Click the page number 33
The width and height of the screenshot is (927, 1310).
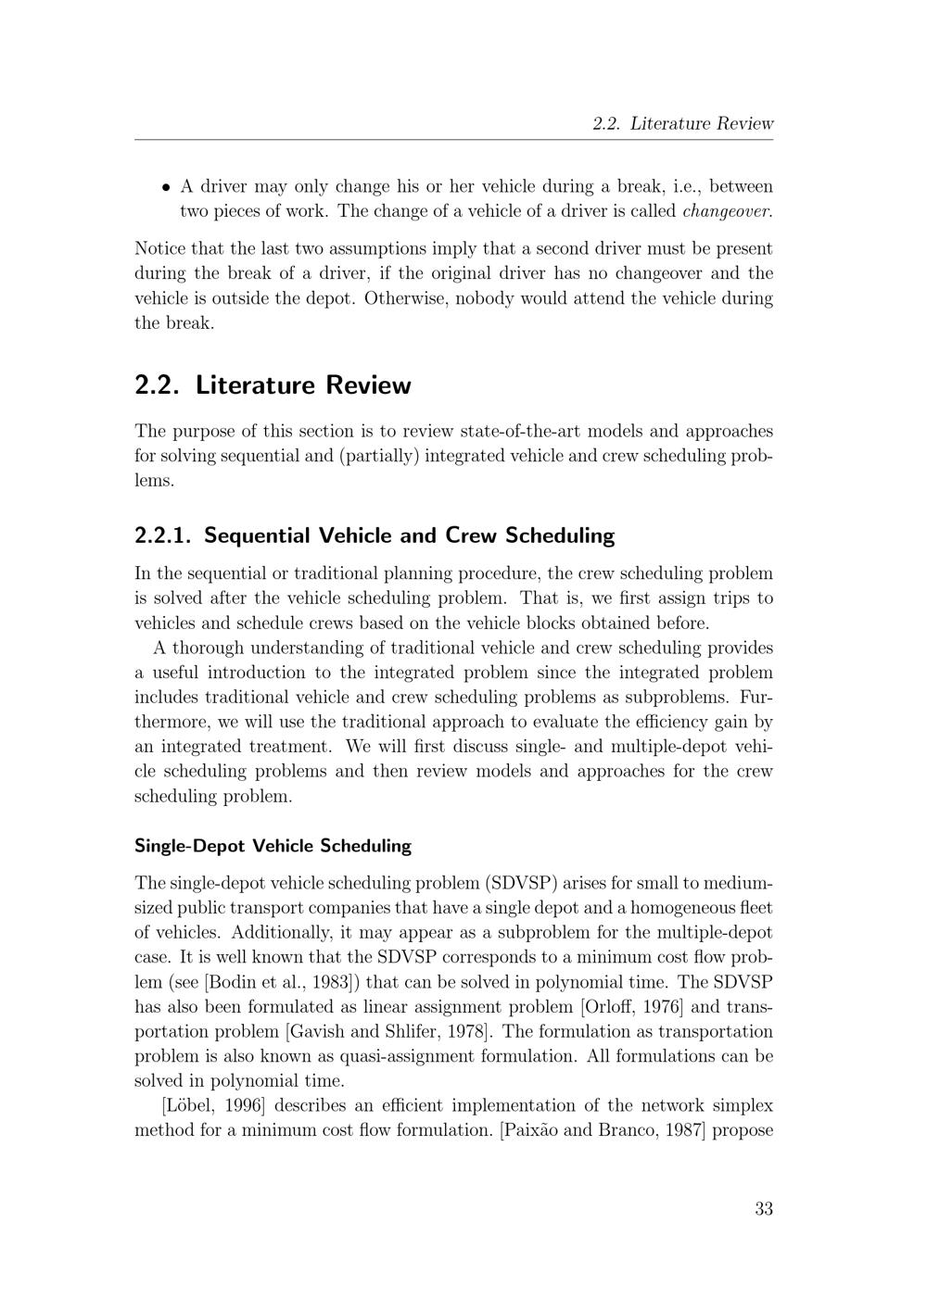[x=763, y=1208]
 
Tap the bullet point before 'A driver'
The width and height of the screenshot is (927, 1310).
[x=166, y=187]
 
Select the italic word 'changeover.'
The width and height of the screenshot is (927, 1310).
[x=727, y=211]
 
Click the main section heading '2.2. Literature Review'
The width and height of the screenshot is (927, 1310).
[x=273, y=385]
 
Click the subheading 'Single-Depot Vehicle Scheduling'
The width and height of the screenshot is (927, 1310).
[x=273, y=846]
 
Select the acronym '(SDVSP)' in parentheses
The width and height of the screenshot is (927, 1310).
[x=521, y=883]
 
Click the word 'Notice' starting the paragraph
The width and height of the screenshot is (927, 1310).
[x=159, y=249]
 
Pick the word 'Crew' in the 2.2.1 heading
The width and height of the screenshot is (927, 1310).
[x=473, y=535]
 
